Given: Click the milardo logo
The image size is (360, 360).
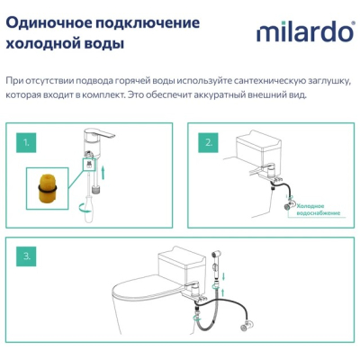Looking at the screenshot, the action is click(x=305, y=32).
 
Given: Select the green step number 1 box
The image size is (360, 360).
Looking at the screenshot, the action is click(x=26, y=143).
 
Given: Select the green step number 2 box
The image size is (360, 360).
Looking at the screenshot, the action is click(x=208, y=143).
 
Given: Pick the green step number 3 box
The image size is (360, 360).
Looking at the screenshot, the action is click(x=26, y=256).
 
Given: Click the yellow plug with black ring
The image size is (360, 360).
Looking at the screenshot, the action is click(x=47, y=189).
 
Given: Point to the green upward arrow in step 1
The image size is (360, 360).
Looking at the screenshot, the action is click(x=103, y=173).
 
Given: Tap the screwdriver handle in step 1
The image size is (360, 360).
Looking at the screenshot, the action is click(x=88, y=211).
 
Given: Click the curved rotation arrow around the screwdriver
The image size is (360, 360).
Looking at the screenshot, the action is click(x=85, y=209).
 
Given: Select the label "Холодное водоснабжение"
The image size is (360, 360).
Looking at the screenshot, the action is click(x=318, y=210).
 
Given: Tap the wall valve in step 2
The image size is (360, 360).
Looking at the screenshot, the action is click(x=289, y=205).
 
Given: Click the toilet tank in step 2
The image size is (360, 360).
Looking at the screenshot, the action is click(x=258, y=148).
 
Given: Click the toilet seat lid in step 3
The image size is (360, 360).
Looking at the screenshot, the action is click(x=144, y=291).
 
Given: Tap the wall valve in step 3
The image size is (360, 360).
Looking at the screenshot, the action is click(x=247, y=326).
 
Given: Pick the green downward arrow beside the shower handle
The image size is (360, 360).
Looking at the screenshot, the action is click(x=223, y=275).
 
